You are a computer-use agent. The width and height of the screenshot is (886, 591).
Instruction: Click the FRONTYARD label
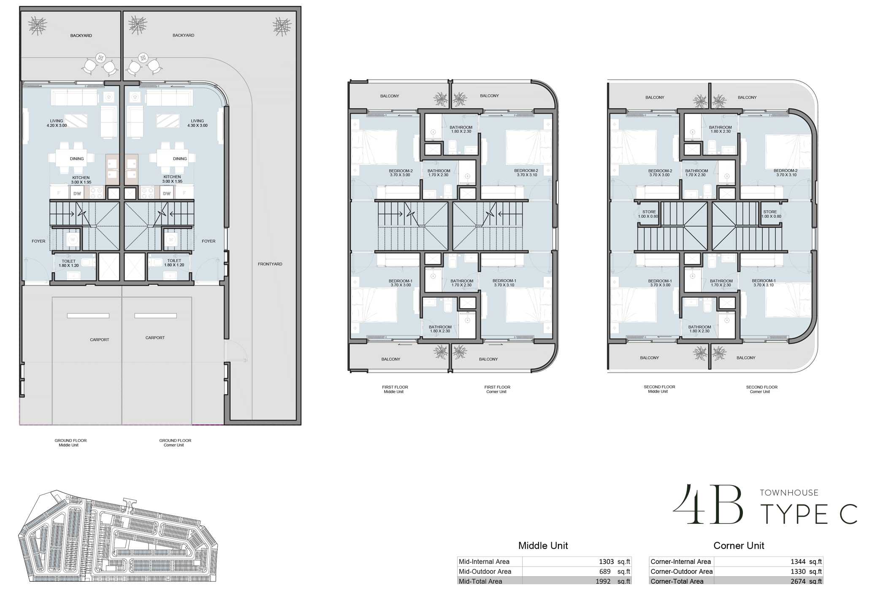(x=270, y=264)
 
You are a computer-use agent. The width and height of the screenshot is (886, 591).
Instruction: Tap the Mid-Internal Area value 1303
(x=606, y=562)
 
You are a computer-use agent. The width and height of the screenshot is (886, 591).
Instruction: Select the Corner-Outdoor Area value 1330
(x=798, y=572)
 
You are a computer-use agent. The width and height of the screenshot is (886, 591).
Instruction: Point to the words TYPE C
(x=808, y=515)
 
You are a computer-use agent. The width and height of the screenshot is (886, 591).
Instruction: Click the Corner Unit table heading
(x=739, y=546)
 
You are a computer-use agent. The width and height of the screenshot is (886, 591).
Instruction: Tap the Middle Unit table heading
(x=543, y=546)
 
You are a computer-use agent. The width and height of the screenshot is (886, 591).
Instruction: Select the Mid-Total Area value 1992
(x=603, y=581)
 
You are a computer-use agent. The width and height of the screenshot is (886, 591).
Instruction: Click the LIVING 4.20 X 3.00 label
(x=57, y=123)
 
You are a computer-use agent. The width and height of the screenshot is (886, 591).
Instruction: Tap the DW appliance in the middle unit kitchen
(x=77, y=194)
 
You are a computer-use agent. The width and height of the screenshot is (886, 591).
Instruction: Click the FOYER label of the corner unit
(x=209, y=241)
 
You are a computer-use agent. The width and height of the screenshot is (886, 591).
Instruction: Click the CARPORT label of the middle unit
(x=99, y=340)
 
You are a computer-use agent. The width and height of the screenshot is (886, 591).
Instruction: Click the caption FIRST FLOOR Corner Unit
(x=497, y=389)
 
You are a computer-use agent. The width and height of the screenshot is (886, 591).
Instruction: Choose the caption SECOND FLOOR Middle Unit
(x=659, y=389)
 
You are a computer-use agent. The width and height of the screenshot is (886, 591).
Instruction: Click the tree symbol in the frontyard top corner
(x=282, y=27)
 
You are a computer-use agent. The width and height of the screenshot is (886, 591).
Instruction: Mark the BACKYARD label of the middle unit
(x=81, y=36)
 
